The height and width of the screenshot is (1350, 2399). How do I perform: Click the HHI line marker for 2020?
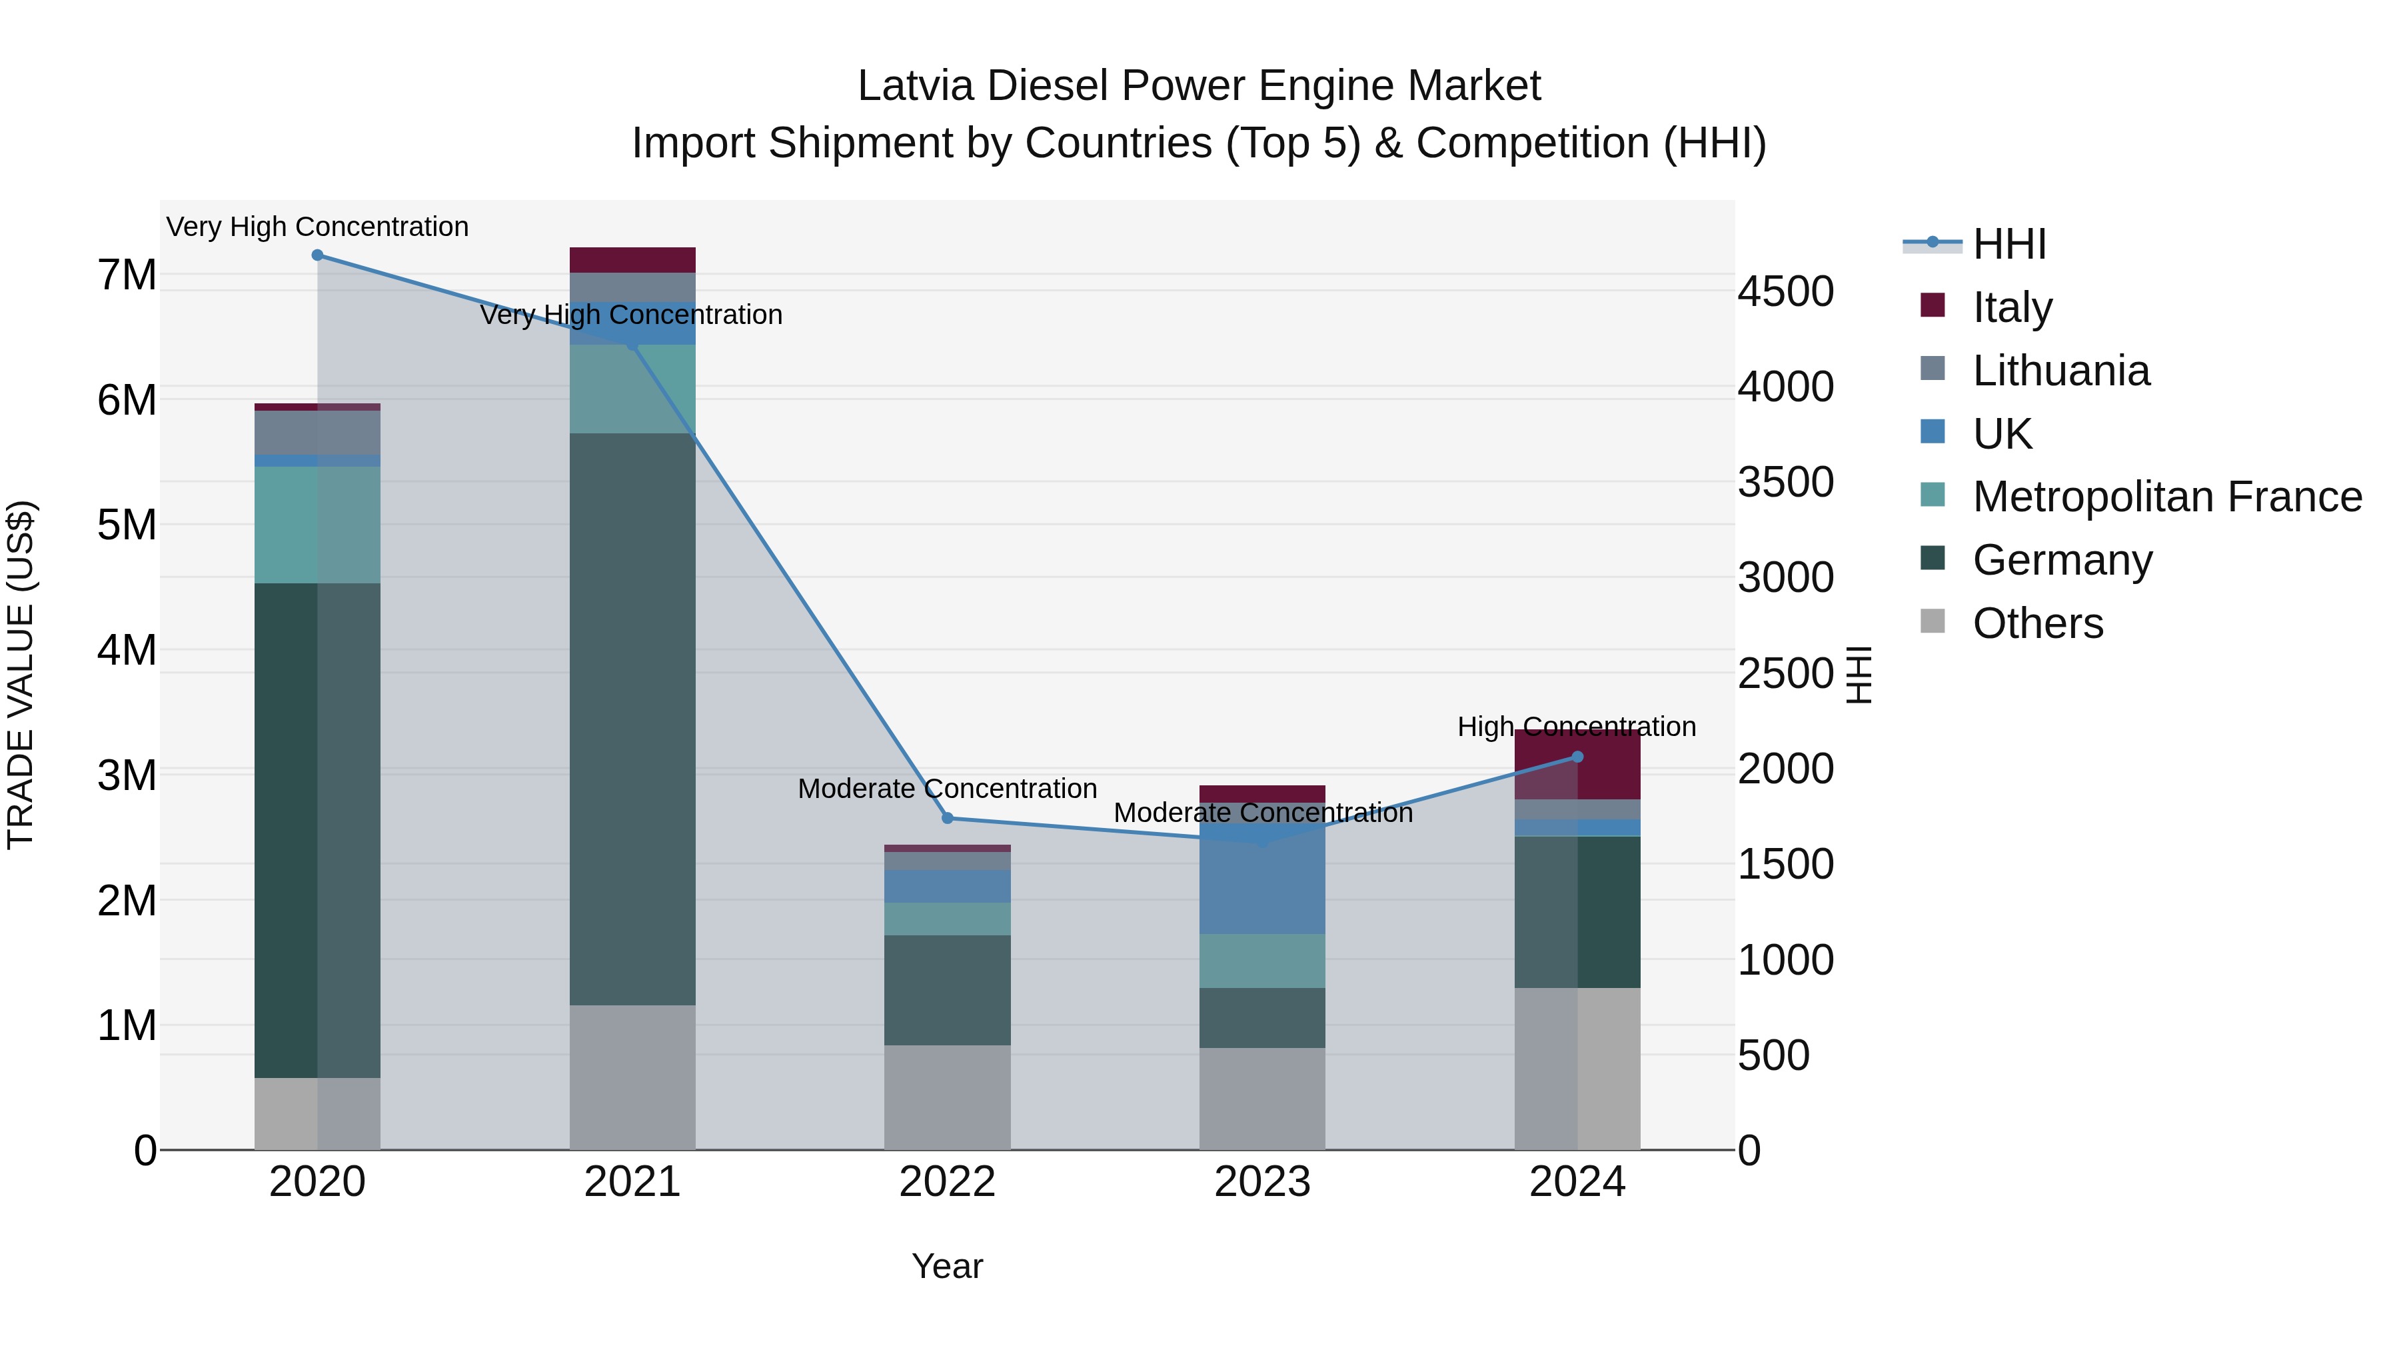[318, 255]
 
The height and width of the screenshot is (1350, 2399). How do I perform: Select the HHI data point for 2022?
[947, 818]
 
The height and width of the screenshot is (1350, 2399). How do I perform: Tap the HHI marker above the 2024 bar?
[1577, 757]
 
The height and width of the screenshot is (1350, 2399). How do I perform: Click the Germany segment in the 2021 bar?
[632, 717]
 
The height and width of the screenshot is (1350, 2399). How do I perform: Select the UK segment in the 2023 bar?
[1262, 885]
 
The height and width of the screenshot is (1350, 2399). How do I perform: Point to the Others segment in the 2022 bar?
[947, 1097]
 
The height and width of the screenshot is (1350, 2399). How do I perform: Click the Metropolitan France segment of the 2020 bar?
[318, 525]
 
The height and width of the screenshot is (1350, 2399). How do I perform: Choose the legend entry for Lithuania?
[2060, 371]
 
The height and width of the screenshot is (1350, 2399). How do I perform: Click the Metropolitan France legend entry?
[2166, 497]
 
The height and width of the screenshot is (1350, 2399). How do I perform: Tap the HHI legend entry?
[2008, 244]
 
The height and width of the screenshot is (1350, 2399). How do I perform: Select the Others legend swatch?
[1933, 621]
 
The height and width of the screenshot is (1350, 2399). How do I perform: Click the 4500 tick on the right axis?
[1785, 291]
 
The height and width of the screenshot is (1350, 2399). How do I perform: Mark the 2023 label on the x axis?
[1262, 1182]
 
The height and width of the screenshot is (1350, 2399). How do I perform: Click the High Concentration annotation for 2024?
[1577, 727]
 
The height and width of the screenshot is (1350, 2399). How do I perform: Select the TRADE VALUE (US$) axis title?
[21, 675]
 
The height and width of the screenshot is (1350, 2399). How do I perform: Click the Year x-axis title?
[947, 1266]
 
